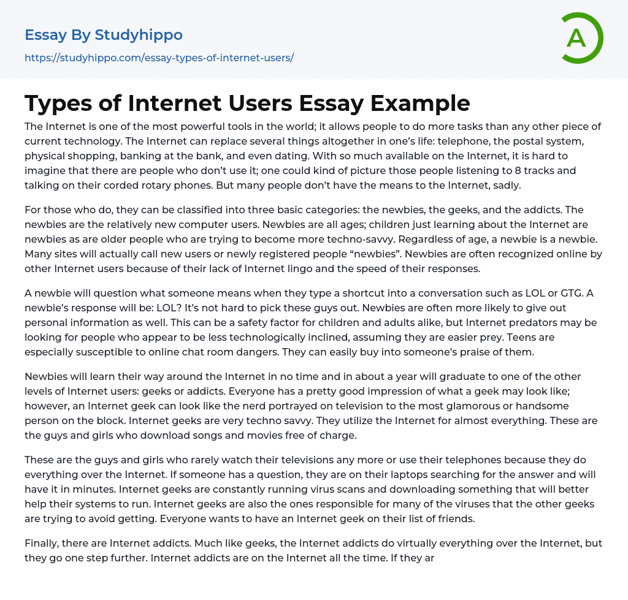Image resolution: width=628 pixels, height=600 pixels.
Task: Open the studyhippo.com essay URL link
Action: [159, 58]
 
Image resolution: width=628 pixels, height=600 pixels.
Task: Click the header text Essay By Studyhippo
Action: [104, 35]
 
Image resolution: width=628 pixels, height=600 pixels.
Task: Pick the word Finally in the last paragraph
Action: [42, 543]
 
